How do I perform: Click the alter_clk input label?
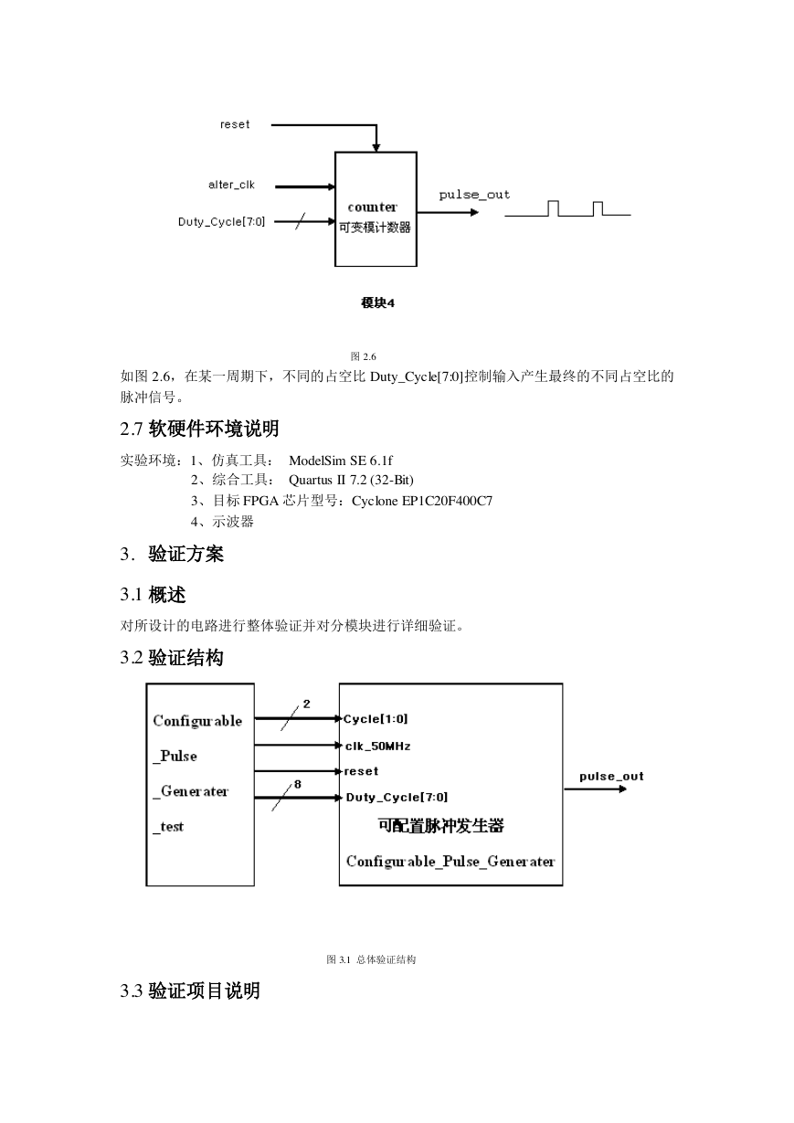click(x=231, y=185)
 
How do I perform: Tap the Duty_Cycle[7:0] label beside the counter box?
click(x=221, y=222)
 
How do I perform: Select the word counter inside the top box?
click(x=372, y=207)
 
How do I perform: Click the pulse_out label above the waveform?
click(x=474, y=195)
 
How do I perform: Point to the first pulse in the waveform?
click(x=553, y=208)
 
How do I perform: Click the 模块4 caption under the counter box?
click(x=377, y=302)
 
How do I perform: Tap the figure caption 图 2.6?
click(x=363, y=356)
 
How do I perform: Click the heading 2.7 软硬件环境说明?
click(x=199, y=429)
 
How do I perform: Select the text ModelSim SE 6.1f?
click(x=341, y=461)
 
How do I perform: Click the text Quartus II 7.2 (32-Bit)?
click(x=351, y=481)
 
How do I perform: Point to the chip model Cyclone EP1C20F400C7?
click(x=422, y=501)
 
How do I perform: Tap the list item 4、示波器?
click(x=222, y=522)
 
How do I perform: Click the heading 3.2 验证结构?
click(x=172, y=658)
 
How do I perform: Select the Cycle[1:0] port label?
click(x=376, y=719)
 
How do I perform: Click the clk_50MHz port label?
click(x=378, y=747)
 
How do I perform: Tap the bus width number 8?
click(x=298, y=784)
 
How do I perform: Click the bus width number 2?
click(x=307, y=705)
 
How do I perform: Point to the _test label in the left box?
click(x=168, y=827)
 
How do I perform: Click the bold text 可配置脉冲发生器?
click(x=441, y=826)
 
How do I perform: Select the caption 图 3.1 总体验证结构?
click(x=371, y=959)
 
